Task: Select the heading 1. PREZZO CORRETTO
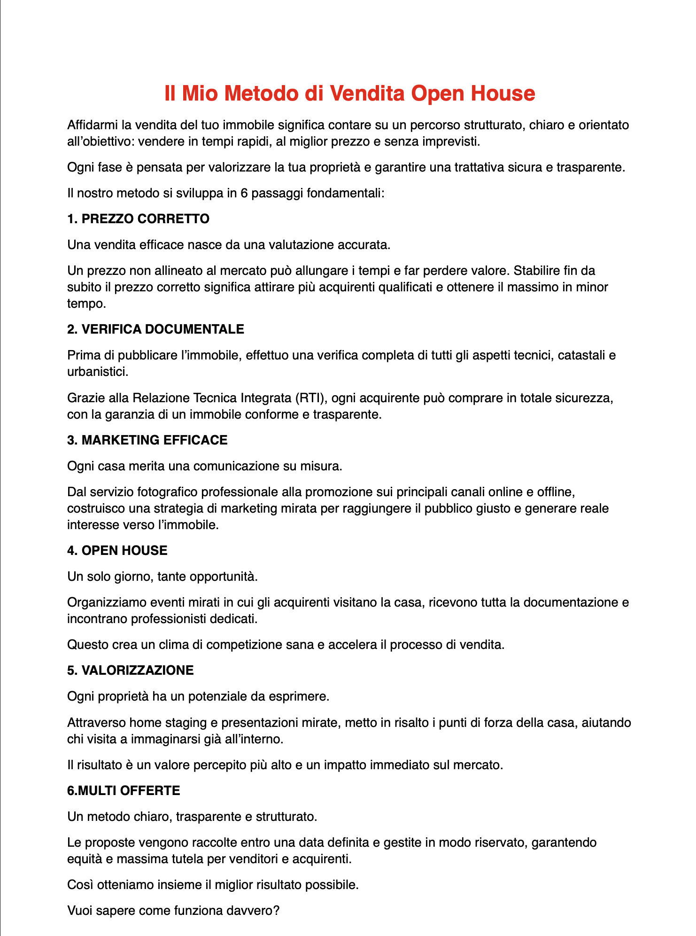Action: click(138, 218)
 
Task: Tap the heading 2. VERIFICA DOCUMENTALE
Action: click(155, 329)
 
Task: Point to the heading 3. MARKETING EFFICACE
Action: click(147, 440)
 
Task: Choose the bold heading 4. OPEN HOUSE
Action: click(117, 550)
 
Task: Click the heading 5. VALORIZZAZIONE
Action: click(130, 670)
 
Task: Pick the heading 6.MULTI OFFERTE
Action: click(124, 790)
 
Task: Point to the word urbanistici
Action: click(97, 372)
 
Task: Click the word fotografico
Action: click(168, 492)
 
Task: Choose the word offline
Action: click(556, 492)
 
